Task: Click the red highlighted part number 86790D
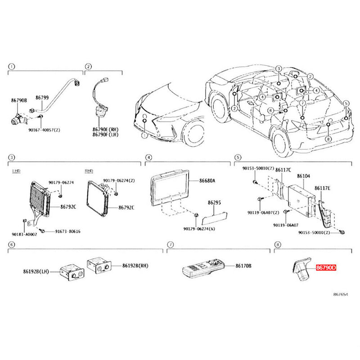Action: [326, 267]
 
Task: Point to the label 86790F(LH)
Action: [106, 134]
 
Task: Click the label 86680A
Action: [208, 180]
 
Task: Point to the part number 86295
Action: [214, 203]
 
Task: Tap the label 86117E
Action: [322, 188]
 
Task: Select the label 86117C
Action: [283, 169]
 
